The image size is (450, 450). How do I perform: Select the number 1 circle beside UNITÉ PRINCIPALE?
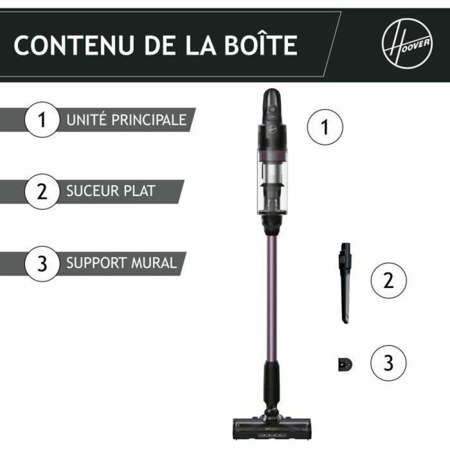(42, 120)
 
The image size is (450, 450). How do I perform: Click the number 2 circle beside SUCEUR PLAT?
(42, 192)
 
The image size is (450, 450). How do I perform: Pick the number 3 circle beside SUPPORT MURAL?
(42, 263)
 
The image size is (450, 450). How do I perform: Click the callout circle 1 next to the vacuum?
(325, 127)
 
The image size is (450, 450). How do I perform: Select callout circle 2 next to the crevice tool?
(388, 280)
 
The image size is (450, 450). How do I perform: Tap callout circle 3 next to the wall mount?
(388, 363)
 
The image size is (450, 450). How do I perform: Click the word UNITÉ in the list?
(82, 120)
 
